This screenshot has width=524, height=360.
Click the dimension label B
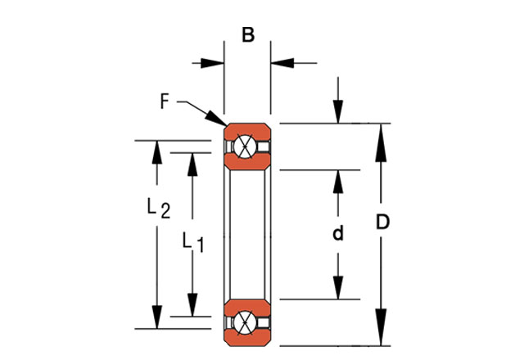pyautogui.click(x=247, y=35)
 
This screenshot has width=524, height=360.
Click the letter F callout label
pyautogui.click(x=165, y=102)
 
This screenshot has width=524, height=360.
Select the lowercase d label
pyautogui.click(x=337, y=234)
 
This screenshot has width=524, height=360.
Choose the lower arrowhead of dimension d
pyautogui.click(x=337, y=289)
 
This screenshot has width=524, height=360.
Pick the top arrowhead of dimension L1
pyautogui.click(x=192, y=163)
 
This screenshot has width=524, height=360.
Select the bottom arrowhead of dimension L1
pyautogui.click(x=192, y=305)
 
